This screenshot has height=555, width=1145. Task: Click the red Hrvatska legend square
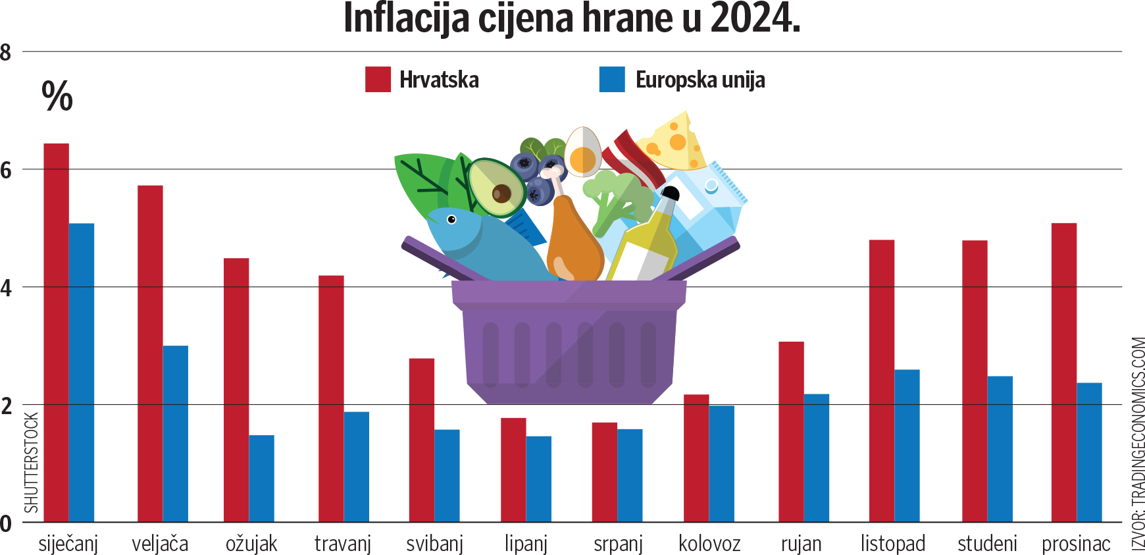click(378, 80)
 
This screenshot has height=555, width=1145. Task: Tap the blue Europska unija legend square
click(612, 80)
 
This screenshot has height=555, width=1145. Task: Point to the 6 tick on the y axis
click(7, 171)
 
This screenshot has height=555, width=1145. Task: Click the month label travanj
click(343, 544)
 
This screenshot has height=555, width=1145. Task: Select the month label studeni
click(987, 544)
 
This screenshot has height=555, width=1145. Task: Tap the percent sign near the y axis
click(57, 97)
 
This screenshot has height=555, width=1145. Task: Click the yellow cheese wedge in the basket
click(674, 142)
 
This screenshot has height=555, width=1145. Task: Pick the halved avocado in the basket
click(496, 188)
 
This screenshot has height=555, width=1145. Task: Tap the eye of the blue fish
click(451, 219)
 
